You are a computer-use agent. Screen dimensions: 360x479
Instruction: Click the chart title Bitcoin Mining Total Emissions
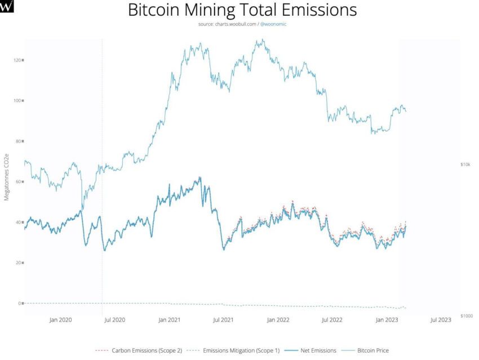242,11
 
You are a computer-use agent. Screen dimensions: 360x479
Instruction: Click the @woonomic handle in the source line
273,24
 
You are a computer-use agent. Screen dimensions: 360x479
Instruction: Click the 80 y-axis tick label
18,141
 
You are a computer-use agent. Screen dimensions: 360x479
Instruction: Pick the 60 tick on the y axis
18,181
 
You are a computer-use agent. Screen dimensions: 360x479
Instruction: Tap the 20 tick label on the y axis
18,263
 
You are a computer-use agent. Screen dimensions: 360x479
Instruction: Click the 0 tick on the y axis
20,303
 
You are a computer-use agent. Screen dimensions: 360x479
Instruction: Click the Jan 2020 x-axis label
61,320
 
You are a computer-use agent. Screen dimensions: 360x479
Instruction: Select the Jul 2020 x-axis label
115,320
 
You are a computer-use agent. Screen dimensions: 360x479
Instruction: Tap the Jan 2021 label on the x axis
170,320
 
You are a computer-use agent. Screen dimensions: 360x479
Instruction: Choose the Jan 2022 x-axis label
278,320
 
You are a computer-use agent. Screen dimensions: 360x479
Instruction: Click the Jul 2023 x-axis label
441,320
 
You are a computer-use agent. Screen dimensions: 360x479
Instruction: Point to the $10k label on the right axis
465,165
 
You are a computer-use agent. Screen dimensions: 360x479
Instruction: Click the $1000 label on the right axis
466,315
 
